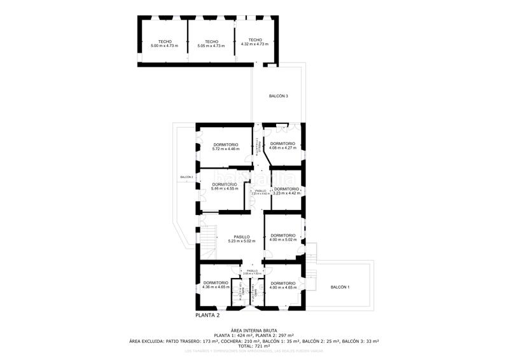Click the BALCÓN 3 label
[278, 96]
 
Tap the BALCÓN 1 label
[340, 287]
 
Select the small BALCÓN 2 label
[186, 177]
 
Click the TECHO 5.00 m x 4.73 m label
[164, 44]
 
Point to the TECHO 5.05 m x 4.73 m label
[211, 44]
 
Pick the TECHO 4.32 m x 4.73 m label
[255, 42]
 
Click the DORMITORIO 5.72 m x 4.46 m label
[226, 146]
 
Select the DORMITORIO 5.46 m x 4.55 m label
[225, 186]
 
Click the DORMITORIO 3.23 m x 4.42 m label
[286, 191]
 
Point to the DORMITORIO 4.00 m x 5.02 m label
[282, 237]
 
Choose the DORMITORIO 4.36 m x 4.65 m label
[216, 285]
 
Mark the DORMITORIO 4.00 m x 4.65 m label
[282, 285]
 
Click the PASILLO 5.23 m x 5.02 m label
[241, 239]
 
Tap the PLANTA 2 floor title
[207, 315]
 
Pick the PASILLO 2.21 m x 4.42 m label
[261, 192]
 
